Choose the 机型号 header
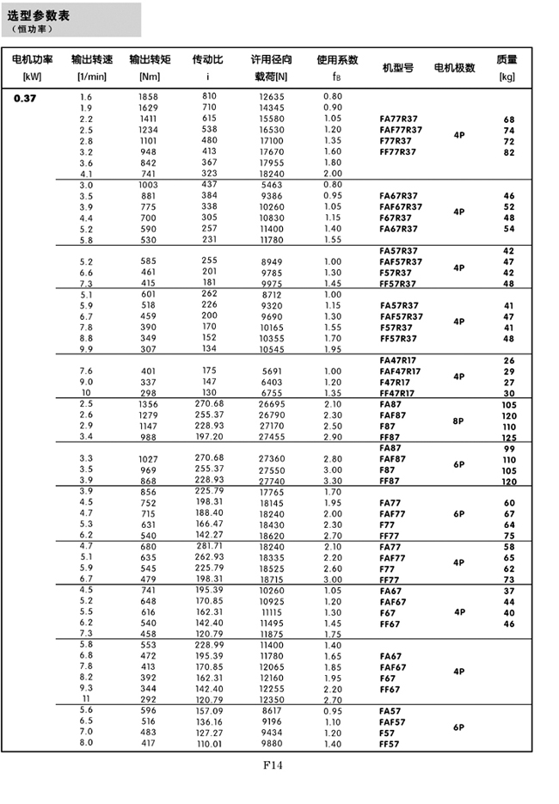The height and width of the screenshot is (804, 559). [x=398, y=67]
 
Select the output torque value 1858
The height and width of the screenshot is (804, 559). [x=148, y=97]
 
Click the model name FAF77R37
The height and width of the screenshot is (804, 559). [x=401, y=130]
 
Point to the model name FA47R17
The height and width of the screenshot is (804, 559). [x=400, y=360]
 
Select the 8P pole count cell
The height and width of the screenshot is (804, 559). [x=458, y=421]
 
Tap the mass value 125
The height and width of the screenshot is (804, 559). [x=509, y=438]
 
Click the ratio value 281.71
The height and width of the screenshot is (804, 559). [x=209, y=545]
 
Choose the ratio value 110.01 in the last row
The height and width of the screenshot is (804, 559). [x=209, y=743]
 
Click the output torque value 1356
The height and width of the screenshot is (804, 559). [x=148, y=404]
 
